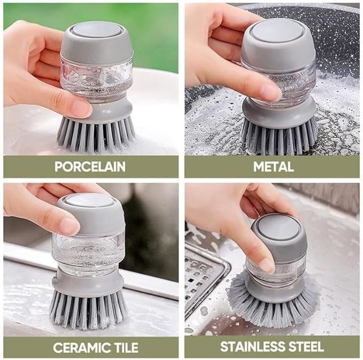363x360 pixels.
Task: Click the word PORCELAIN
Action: pos(90,166)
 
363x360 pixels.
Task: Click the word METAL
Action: pos(273,167)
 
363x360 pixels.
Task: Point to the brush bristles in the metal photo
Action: pos(279,137)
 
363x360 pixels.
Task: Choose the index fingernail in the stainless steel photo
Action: pos(267,264)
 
